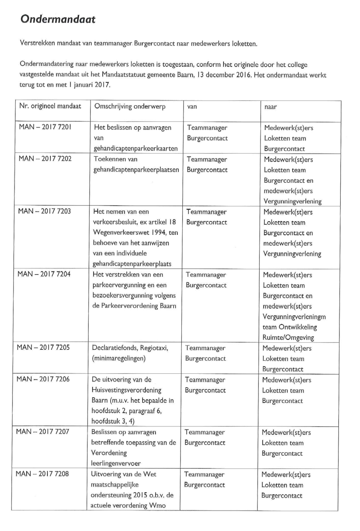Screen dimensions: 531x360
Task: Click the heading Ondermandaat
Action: tap(58, 19)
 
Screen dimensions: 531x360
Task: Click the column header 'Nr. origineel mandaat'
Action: tap(50, 106)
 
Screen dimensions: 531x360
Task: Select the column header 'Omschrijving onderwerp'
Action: tap(130, 106)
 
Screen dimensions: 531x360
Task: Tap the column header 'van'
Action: tap(192, 107)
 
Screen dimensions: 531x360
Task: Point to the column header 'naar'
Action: tap(270, 107)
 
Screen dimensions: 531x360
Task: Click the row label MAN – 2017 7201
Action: tap(45, 127)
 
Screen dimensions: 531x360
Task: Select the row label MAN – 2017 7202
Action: tap(45, 158)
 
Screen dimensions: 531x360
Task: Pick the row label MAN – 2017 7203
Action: tap(44, 211)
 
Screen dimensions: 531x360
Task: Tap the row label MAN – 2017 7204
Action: tap(44, 274)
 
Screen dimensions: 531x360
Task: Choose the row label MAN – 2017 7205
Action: tap(43, 347)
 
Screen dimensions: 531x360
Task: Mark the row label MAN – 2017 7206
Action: tap(43, 379)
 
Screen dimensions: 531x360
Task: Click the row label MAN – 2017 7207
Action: tap(42, 432)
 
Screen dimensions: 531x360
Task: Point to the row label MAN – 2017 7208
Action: tap(42, 474)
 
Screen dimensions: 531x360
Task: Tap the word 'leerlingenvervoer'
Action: tap(116, 463)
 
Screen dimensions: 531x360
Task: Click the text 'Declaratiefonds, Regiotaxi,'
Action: tap(130, 348)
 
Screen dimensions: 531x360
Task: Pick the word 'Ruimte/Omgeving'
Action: tap(288, 337)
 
